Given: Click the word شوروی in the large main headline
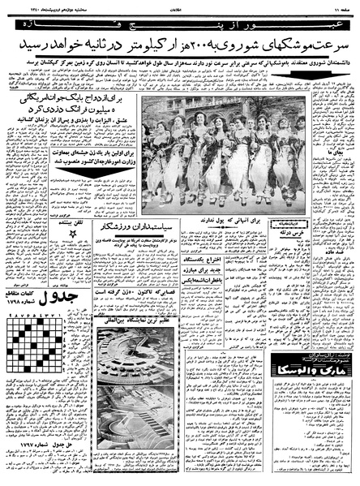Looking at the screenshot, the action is click(x=224, y=41).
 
